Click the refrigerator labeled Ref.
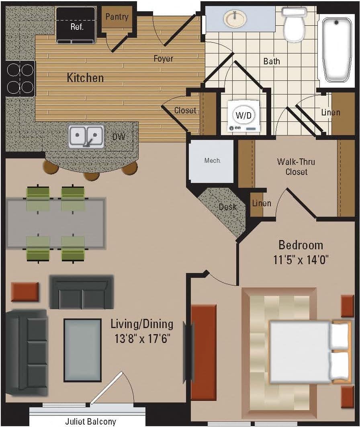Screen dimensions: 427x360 [x=76, y=25]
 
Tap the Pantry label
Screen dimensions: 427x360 [x=117, y=17]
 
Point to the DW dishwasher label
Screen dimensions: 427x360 [x=119, y=137]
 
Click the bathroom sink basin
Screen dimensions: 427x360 [x=235, y=18]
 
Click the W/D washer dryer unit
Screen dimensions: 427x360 [x=244, y=116]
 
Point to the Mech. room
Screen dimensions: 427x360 [x=212, y=160]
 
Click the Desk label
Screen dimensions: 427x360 [x=228, y=207]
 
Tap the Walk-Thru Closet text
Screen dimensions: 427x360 [x=296, y=166]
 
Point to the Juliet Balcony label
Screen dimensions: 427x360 [x=90, y=421]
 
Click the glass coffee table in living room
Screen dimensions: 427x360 [x=82, y=350]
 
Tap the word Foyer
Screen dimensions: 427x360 [x=164, y=58]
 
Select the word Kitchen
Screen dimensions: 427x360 [x=85, y=78]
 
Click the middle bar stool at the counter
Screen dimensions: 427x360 [x=91, y=175]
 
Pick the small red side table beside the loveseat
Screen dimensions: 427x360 [x=25, y=292]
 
